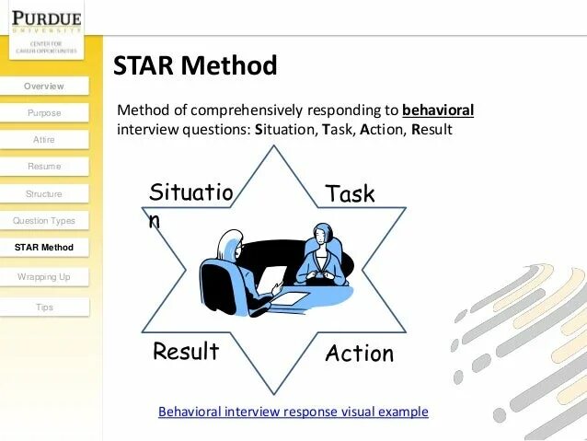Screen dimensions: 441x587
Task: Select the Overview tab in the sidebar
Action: tap(44, 87)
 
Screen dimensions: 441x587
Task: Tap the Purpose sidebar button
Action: tap(44, 113)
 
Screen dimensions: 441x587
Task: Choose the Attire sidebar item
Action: tap(44, 140)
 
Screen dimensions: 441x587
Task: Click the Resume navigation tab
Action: tap(44, 167)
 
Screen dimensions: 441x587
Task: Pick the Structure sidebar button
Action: tap(44, 194)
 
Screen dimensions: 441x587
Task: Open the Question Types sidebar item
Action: tap(44, 221)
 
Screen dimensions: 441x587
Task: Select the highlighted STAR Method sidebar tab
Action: tap(44, 248)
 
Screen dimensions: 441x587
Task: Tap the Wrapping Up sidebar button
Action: tap(44, 276)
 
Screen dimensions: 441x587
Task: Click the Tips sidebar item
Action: tap(44, 308)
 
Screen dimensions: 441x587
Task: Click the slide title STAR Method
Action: tap(194, 66)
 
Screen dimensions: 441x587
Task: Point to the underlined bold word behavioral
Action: tap(438, 110)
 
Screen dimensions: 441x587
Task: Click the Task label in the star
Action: tap(350, 193)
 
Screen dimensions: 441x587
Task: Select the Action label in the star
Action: tap(359, 354)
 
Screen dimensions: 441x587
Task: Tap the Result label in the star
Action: tap(186, 352)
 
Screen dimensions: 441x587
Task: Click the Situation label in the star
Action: tap(190, 195)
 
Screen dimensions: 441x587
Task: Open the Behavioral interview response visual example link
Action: tap(293, 412)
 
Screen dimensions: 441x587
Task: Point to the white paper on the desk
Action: tap(288, 296)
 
